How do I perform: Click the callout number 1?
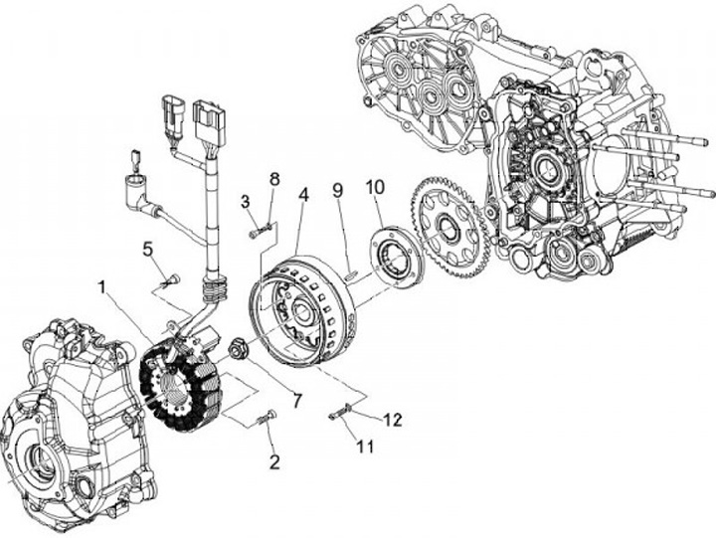point(103,287)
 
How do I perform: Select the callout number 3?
point(244,202)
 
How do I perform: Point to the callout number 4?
point(302,195)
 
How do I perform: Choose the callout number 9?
point(338,189)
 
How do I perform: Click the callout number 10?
point(375,186)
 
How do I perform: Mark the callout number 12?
point(393,420)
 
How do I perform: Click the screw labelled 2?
point(267,419)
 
